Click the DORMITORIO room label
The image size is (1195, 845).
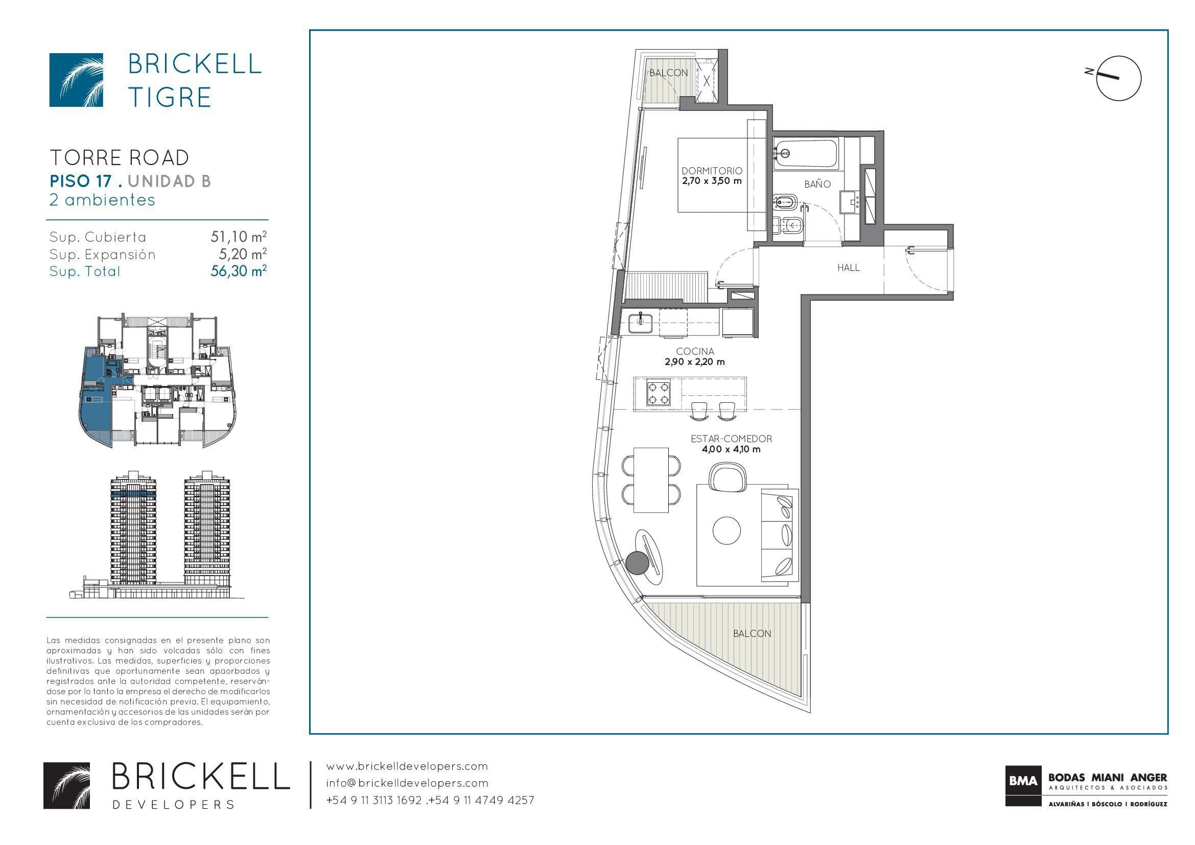tap(712, 171)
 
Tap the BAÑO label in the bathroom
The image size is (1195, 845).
tap(817, 184)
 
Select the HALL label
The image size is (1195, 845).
tap(849, 268)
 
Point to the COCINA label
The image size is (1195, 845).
tap(695, 351)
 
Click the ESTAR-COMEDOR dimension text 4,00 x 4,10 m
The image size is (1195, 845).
tap(731, 449)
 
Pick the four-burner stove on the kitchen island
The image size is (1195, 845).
tap(658, 393)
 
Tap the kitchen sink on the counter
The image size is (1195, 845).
tap(640, 323)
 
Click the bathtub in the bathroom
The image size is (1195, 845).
tap(806, 153)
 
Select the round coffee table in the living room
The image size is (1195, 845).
tap(726, 531)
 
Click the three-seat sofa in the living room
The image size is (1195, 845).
tap(780, 535)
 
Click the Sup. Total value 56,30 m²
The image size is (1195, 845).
tap(239, 271)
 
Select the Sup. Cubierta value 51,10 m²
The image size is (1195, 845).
tap(239, 237)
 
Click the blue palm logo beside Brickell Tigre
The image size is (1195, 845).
tap(76, 80)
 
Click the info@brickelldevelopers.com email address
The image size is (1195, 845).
tap(407, 783)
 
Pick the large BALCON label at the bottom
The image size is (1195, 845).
tap(752, 633)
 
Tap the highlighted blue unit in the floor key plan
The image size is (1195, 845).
tap(96, 396)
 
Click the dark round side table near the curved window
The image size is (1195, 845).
tap(637, 563)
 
